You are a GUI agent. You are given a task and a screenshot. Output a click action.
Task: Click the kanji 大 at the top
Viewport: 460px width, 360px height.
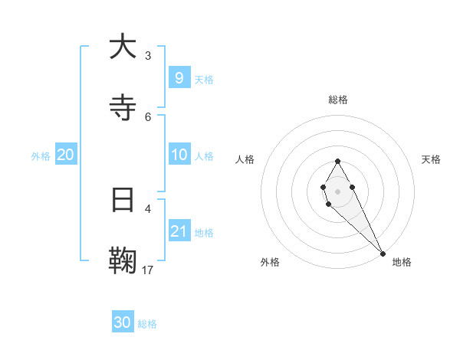(x=123, y=47)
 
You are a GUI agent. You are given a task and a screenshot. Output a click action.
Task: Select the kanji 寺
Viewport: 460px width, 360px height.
(x=123, y=108)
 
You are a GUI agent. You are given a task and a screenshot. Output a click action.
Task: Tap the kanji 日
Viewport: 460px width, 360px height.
(x=123, y=201)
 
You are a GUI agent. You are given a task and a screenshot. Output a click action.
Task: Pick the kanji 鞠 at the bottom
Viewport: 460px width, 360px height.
(x=123, y=261)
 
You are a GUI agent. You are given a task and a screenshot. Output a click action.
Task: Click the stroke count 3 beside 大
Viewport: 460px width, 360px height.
(x=148, y=56)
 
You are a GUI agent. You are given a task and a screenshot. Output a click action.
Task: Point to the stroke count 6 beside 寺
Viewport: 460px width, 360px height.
(x=148, y=116)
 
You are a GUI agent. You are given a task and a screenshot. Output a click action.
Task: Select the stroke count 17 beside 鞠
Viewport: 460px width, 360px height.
(x=148, y=270)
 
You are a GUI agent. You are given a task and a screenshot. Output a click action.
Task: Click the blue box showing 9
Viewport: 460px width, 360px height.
(x=179, y=77)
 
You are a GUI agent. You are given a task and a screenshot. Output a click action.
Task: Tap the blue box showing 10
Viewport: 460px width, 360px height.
(x=179, y=155)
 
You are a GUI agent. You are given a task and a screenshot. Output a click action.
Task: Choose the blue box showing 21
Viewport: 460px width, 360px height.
(x=179, y=231)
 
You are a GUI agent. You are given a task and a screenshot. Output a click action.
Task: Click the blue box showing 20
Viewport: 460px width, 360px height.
(x=66, y=155)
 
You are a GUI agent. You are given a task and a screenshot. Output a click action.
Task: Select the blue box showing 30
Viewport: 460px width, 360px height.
(x=123, y=322)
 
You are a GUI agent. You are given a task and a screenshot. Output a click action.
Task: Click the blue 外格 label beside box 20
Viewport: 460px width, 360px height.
(x=41, y=155)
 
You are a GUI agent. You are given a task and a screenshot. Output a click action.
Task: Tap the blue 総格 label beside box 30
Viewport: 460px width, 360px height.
(x=147, y=324)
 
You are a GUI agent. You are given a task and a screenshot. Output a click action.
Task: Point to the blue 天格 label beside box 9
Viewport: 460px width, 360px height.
(x=203, y=79)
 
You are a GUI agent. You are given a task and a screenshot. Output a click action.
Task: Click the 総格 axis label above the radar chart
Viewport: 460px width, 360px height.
(x=338, y=100)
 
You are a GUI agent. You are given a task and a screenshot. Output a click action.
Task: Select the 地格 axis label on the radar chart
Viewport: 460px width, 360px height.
(x=402, y=262)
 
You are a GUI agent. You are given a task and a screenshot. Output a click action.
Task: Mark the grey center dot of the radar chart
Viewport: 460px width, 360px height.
(x=337, y=191)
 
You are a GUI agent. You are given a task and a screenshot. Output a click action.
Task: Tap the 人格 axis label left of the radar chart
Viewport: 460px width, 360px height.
(x=245, y=159)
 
